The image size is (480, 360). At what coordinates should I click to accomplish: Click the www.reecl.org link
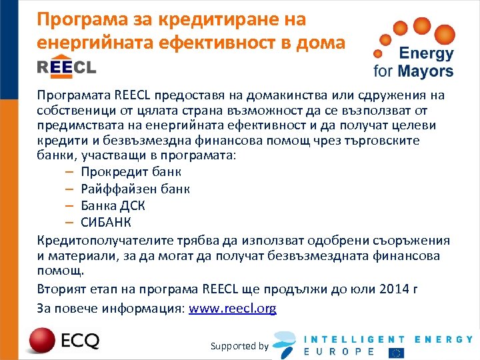tap(233, 309)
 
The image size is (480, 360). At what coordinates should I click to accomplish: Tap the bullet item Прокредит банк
tap(131, 172)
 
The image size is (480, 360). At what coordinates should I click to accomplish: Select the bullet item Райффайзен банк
tap(135, 189)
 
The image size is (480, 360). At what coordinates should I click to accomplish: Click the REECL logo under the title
tap(67, 67)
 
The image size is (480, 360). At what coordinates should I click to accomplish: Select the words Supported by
tap(239, 346)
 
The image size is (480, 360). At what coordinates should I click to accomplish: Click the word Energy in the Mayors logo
tap(426, 54)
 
